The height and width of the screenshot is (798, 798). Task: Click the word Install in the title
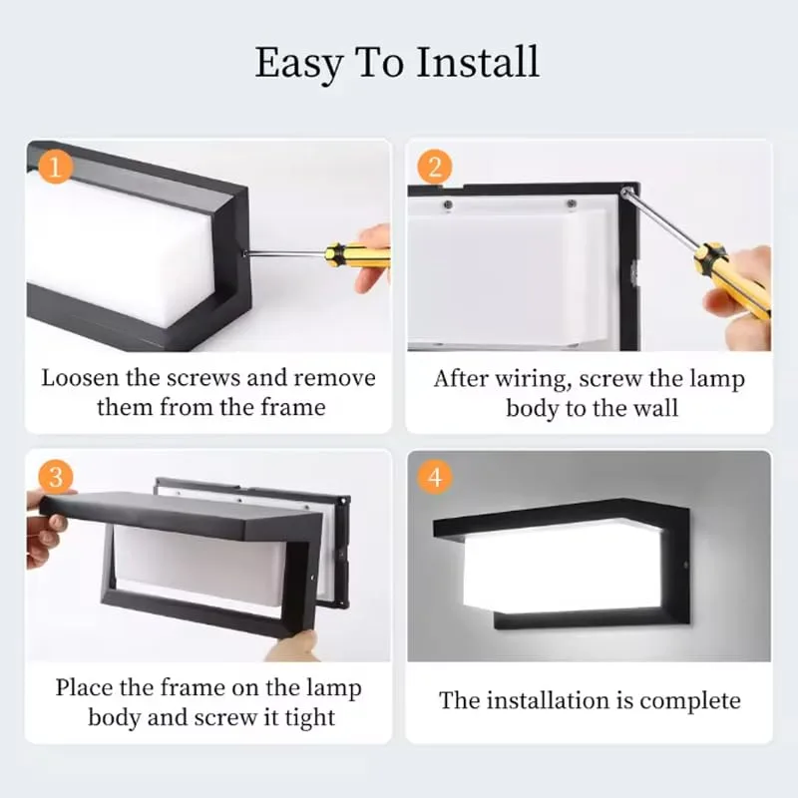click(478, 62)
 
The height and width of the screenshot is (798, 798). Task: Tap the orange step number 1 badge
click(56, 166)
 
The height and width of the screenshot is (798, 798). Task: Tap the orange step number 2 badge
click(435, 166)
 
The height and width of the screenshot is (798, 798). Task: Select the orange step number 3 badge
click(56, 477)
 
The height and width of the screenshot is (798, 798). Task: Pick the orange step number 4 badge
click(435, 477)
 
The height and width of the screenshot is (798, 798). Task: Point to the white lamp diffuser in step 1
click(110, 249)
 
